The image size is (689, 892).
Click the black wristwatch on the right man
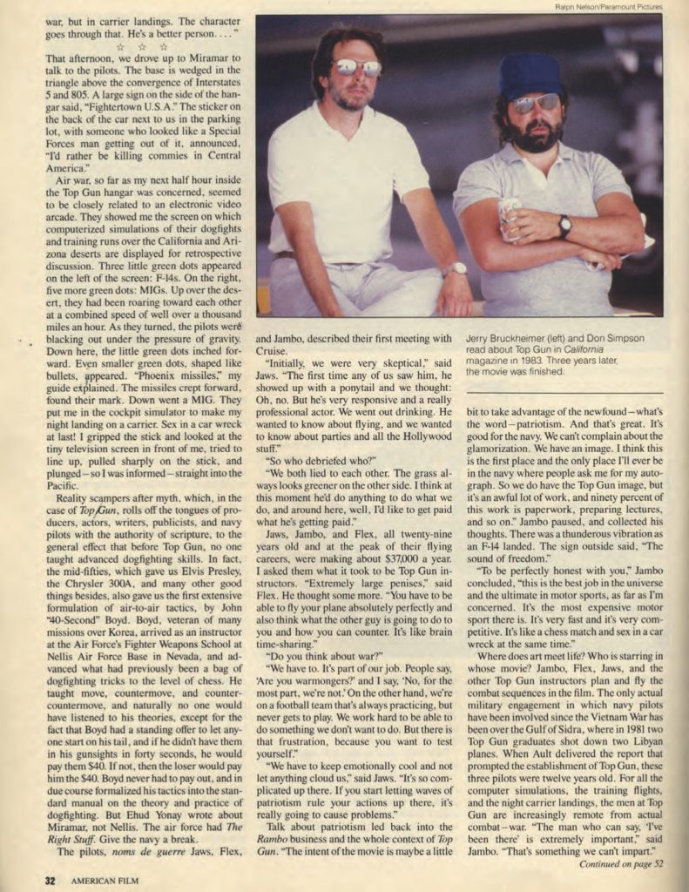[x=564, y=226]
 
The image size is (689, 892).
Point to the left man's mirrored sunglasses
[x=357, y=67]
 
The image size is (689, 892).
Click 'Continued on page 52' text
[x=621, y=864]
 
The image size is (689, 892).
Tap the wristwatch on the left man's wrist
[x=457, y=268]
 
